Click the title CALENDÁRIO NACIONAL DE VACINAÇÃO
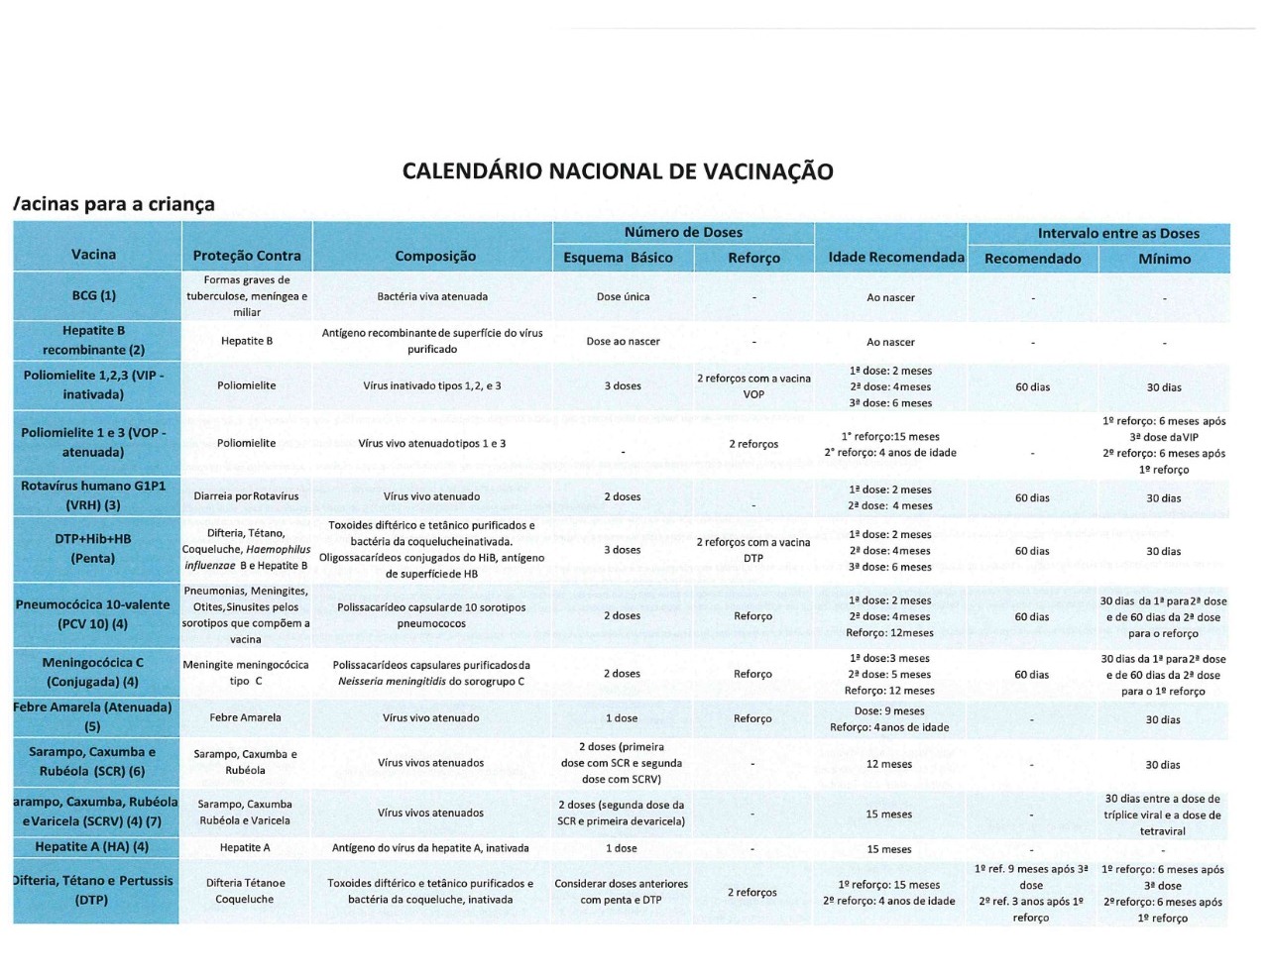click(618, 171)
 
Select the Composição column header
click(435, 256)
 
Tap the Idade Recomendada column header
click(895, 258)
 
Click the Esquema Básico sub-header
click(618, 258)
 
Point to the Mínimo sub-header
click(1164, 259)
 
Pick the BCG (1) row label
click(94, 295)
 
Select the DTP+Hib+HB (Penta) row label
click(93, 549)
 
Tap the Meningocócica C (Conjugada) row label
click(92, 672)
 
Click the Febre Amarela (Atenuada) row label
click(92, 716)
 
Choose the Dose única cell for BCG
click(623, 296)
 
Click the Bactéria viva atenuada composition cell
click(432, 296)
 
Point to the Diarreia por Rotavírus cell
click(246, 496)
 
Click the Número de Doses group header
click(683, 232)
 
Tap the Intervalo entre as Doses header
click(1118, 234)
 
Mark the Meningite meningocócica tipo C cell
click(246, 673)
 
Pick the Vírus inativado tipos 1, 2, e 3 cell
click(432, 385)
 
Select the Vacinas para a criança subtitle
click(115, 204)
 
